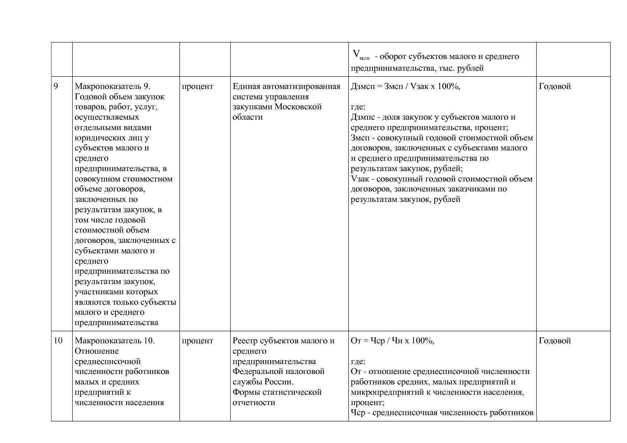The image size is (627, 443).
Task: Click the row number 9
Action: (56, 86)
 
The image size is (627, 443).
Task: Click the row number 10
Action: (58, 341)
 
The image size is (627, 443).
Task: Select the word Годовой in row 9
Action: (554, 86)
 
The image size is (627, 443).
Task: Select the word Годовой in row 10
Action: (554, 341)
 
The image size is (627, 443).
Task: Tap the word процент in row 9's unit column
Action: (197, 86)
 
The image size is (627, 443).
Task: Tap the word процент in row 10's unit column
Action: (197, 341)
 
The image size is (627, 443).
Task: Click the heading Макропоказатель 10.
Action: (115, 341)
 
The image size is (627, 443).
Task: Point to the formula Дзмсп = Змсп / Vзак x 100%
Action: (405, 86)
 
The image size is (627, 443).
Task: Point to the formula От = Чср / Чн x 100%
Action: (393, 341)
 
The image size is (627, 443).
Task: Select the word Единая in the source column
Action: (247, 86)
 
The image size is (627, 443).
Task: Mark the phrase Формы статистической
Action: (277, 392)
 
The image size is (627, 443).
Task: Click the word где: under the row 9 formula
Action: (358, 107)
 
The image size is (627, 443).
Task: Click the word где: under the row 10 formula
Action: (358, 361)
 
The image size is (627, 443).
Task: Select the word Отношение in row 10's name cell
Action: (97, 351)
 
